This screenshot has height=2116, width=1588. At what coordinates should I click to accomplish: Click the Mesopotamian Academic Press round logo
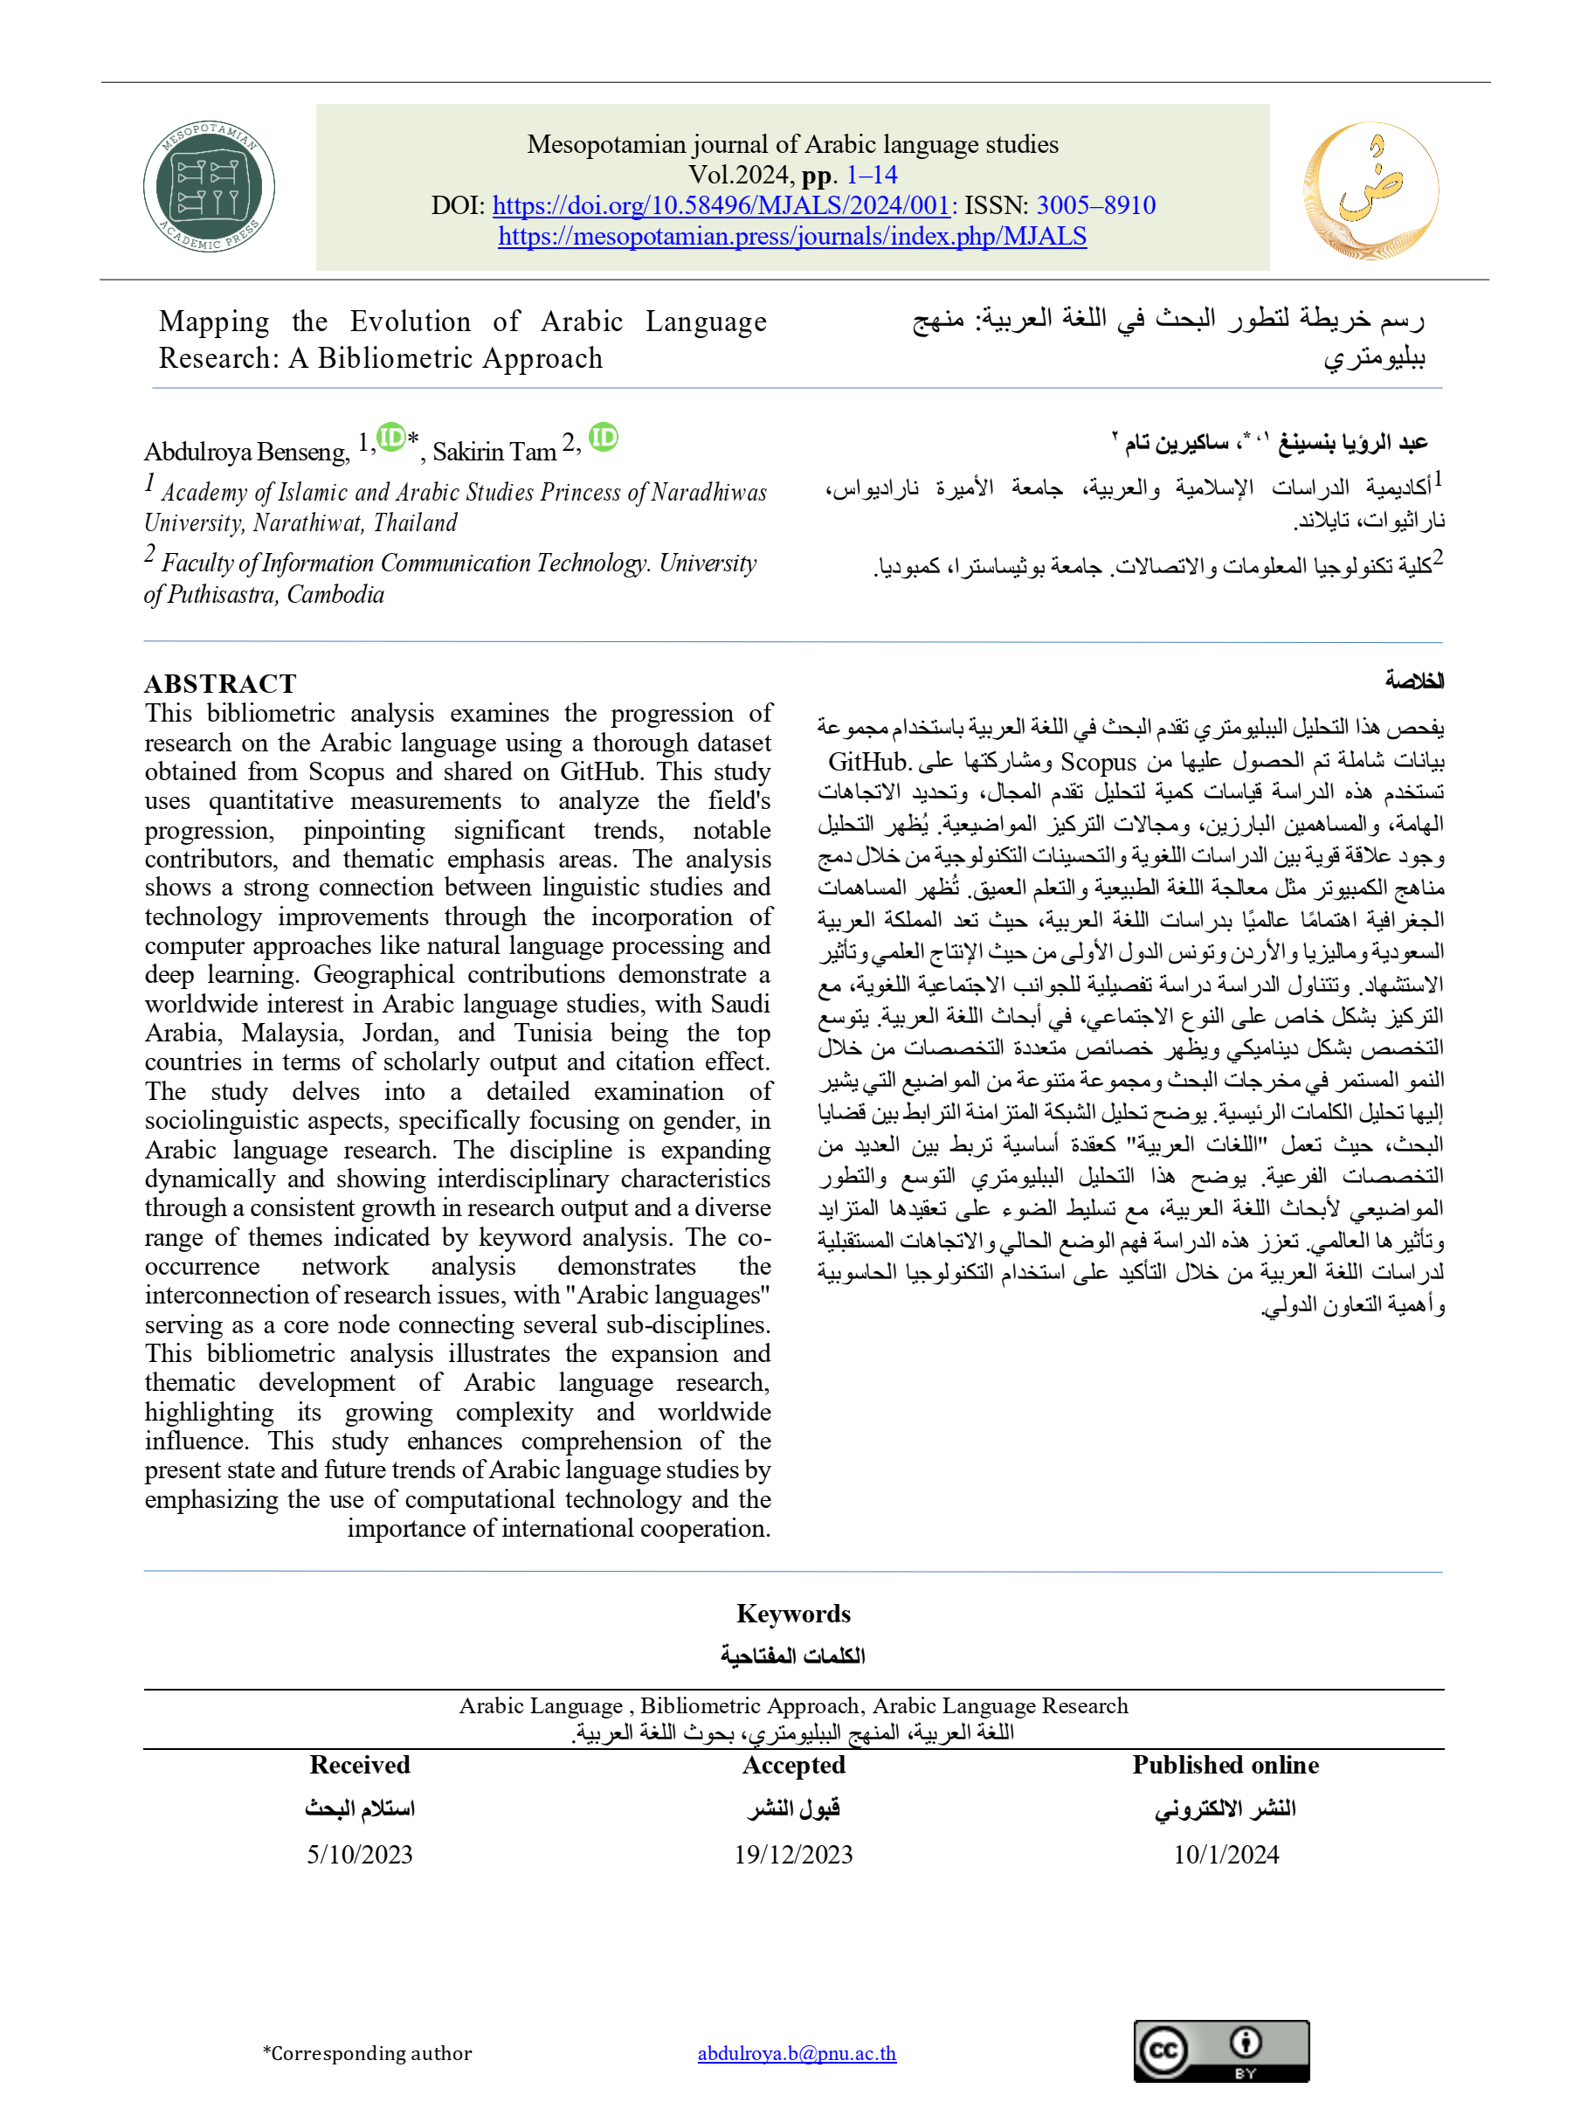pos(209,187)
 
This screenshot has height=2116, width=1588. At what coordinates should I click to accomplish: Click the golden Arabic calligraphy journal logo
pos(1370,190)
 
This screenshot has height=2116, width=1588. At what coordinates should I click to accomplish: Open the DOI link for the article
pos(721,205)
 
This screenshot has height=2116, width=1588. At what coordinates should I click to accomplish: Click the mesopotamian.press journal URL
pos(792,236)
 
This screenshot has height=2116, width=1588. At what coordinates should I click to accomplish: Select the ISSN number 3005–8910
pos(1095,205)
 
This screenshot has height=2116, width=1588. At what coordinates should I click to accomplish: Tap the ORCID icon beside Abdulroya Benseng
pos(390,437)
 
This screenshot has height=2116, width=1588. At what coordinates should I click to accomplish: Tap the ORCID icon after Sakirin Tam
pos(603,437)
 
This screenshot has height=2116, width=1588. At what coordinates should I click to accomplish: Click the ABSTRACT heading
pos(220,683)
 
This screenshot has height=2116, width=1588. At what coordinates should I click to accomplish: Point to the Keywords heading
pos(793,1613)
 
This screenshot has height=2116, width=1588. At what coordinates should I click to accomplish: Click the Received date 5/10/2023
pos(360,1854)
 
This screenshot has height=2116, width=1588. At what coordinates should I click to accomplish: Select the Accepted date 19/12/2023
pos(793,1854)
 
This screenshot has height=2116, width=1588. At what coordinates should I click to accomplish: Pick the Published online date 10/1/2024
pos(1226,1854)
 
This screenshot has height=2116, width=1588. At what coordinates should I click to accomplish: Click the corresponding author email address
pos(796,2053)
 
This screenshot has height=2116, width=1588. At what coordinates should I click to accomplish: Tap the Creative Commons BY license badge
pos(1220,2051)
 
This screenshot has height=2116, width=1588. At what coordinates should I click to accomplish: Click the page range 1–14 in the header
pos(871,175)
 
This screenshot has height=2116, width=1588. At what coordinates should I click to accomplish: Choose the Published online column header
pos(1226,1765)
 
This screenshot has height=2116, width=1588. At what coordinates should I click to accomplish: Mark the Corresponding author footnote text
pos(369,2053)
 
